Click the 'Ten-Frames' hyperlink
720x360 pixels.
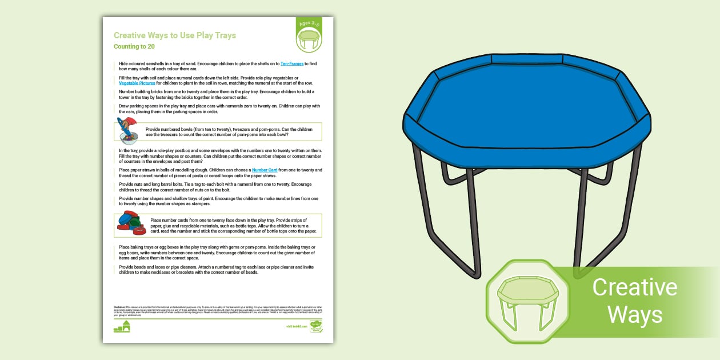[x=292, y=63]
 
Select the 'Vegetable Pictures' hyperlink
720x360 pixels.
[x=137, y=83]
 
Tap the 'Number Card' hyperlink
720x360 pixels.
[x=265, y=170]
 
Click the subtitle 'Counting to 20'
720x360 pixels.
[x=134, y=46]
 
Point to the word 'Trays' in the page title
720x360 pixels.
[x=223, y=35]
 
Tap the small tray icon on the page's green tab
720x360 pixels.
[x=309, y=39]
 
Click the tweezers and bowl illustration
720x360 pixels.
[x=127, y=131]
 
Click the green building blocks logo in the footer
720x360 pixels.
[x=122, y=326]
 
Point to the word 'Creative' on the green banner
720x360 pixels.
[x=634, y=287]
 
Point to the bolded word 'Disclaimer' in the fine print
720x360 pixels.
[x=119, y=307]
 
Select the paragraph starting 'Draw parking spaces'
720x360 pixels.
[x=217, y=108]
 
